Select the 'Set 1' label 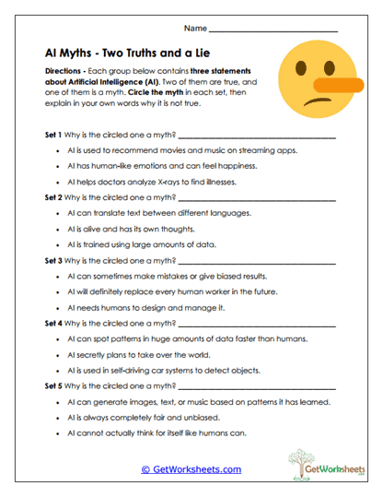(53, 136)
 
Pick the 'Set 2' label (53, 197)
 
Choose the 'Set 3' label (53, 260)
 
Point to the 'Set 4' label (53, 324)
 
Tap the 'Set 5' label (53, 387)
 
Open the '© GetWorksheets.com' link (191, 469)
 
